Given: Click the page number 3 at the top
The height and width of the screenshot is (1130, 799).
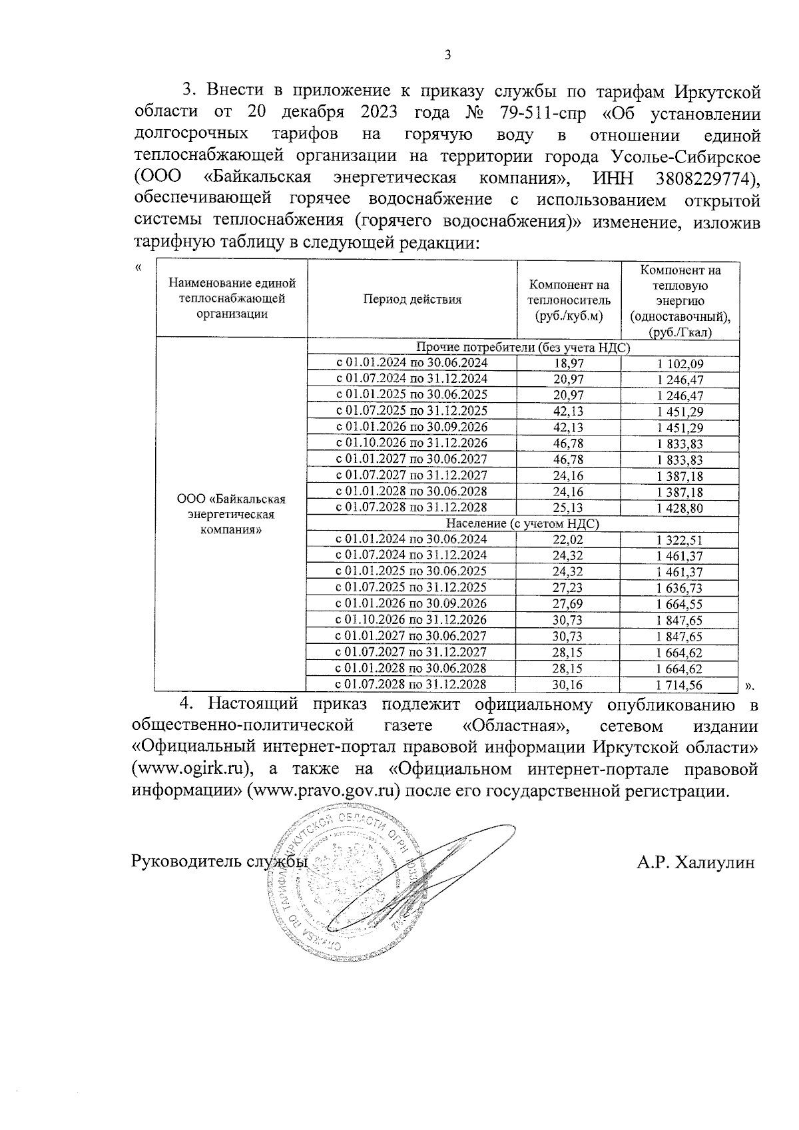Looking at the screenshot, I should (x=447, y=56).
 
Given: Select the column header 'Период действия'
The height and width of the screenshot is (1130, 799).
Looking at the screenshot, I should (x=411, y=299).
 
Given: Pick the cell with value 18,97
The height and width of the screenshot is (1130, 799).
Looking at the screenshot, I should (x=569, y=363).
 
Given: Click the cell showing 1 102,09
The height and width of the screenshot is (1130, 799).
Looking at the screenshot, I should (x=680, y=364).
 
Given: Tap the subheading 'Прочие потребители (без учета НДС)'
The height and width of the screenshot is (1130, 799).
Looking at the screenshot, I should (x=523, y=347).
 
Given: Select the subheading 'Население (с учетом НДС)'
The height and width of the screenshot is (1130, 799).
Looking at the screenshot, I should (x=523, y=524).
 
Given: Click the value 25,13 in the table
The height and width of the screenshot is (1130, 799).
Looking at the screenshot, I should (x=569, y=508).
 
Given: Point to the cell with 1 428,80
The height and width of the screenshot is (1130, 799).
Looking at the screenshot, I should (x=680, y=508).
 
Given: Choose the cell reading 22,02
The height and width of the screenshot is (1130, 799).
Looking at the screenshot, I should (x=569, y=539).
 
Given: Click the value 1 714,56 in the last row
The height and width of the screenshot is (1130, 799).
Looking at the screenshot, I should (x=680, y=685).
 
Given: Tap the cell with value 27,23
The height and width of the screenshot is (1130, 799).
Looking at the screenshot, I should (x=569, y=587).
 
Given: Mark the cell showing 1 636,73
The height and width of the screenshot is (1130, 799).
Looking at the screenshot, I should (x=680, y=588).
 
